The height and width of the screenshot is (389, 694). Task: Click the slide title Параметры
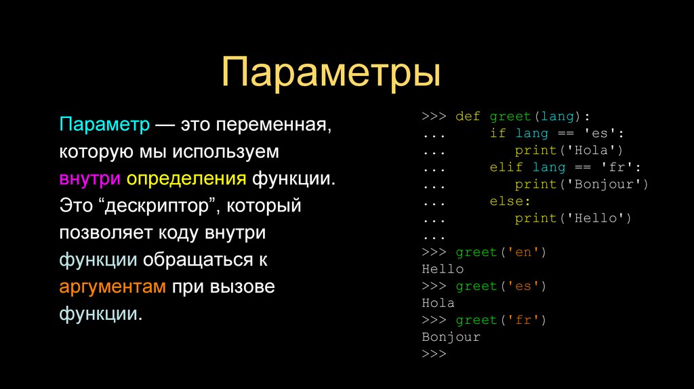(x=331, y=73)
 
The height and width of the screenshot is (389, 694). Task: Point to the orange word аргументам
(x=113, y=286)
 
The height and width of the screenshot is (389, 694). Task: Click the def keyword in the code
(x=468, y=116)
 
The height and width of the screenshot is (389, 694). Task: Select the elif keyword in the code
(x=506, y=167)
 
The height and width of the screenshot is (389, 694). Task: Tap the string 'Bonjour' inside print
(x=607, y=184)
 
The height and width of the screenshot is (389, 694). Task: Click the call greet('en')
(x=501, y=252)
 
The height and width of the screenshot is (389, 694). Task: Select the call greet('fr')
(x=501, y=320)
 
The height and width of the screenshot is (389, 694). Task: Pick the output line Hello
(x=443, y=269)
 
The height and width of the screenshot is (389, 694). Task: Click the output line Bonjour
(x=451, y=337)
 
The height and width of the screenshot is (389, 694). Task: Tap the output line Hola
(x=438, y=303)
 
